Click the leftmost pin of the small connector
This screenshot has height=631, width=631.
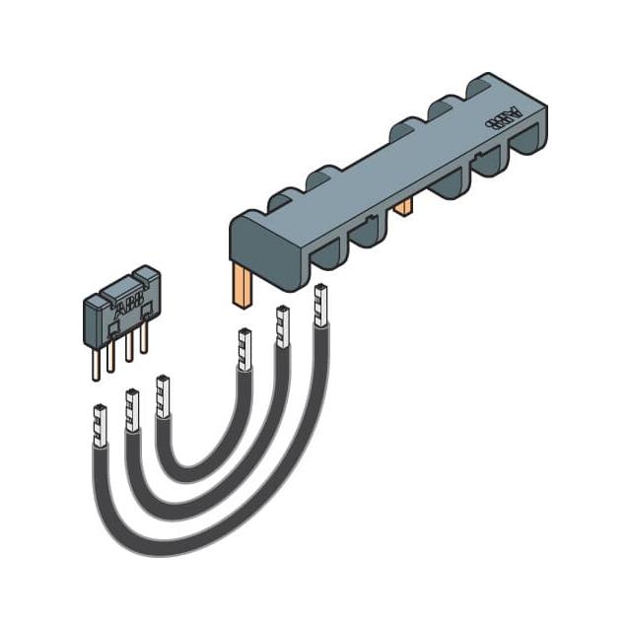94,364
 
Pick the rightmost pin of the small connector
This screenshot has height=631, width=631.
144,338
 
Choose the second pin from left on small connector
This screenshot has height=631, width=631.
111,356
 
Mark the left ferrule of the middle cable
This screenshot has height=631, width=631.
131,409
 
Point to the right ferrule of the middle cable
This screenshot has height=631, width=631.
281,326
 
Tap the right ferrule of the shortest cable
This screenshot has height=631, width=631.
243,348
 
